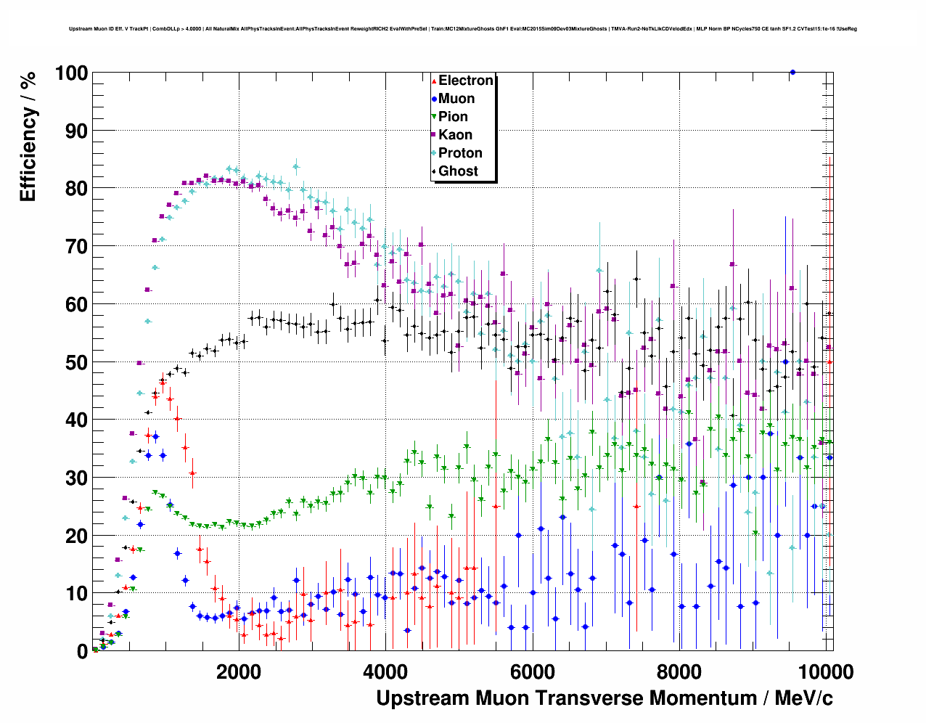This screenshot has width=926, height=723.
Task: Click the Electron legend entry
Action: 465,81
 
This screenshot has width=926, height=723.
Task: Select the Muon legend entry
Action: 456,99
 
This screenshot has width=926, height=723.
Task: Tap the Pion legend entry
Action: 453,117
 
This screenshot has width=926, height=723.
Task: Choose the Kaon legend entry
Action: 455,135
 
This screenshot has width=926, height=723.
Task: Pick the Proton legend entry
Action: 460,153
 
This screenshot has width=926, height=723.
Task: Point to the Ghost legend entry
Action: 458,171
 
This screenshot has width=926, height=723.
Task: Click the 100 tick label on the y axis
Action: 70,73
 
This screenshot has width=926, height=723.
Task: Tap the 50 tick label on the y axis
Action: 76,362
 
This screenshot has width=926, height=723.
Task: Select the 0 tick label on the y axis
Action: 82,651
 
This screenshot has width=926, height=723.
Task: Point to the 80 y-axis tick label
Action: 76,189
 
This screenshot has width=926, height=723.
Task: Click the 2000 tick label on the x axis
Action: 238,671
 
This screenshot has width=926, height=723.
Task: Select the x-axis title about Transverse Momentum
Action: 604,698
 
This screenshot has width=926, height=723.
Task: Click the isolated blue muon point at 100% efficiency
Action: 792,72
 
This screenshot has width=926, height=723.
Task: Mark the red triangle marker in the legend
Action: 434,81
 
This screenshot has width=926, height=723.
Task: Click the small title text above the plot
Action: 463,29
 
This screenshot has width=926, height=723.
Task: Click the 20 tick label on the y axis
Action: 76,536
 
